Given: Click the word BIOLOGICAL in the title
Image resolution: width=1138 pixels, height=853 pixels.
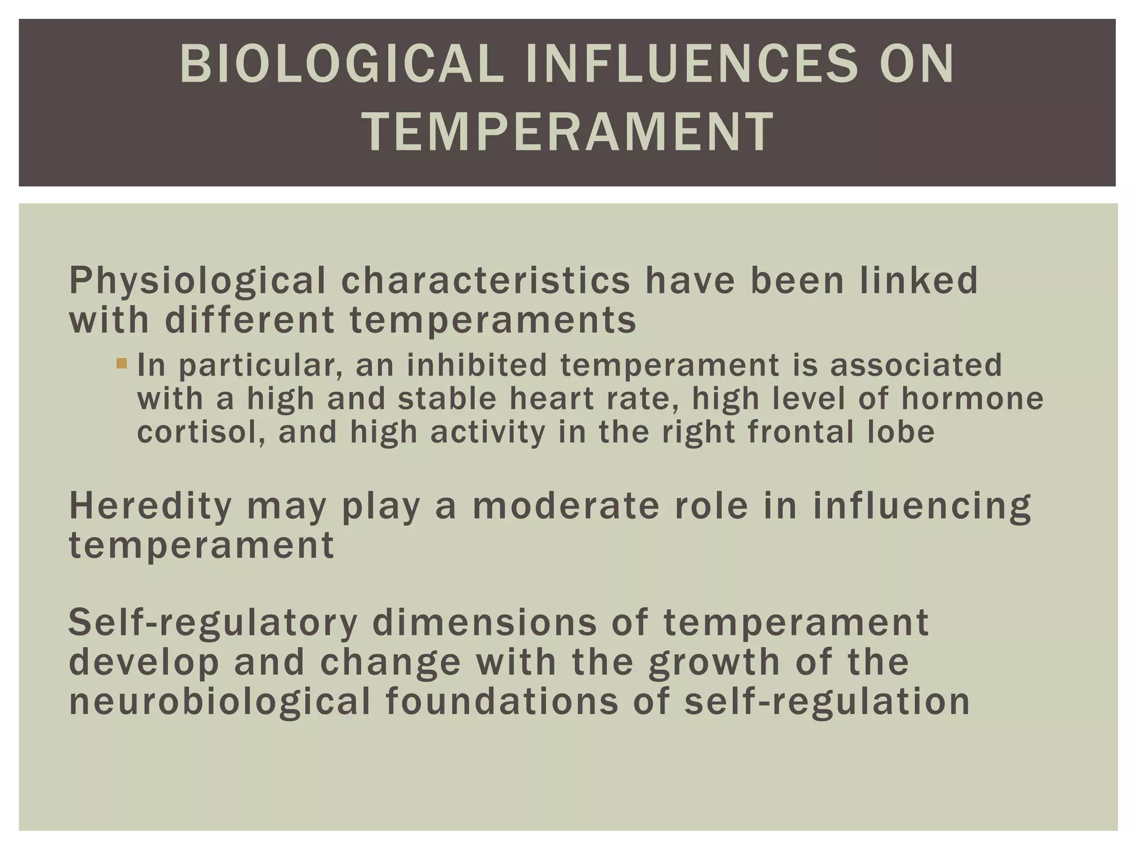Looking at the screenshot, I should (341, 65).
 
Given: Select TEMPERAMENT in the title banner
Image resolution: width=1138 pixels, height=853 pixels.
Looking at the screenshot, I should (568, 132).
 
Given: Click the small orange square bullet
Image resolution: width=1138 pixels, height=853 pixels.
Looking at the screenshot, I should (122, 364).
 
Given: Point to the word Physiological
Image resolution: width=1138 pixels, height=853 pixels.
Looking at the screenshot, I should (197, 281).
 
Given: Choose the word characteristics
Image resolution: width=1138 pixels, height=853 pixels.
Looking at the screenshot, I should (486, 280).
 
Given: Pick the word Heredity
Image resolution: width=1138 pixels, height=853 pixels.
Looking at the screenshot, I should (150, 506).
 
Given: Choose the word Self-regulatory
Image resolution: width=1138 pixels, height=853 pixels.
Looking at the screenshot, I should (213, 623).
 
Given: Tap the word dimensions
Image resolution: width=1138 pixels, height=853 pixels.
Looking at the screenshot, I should (485, 622).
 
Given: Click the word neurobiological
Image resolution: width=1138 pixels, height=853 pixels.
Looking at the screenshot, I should (220, 701).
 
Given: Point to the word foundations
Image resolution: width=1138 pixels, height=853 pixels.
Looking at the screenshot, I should (502, 701).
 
